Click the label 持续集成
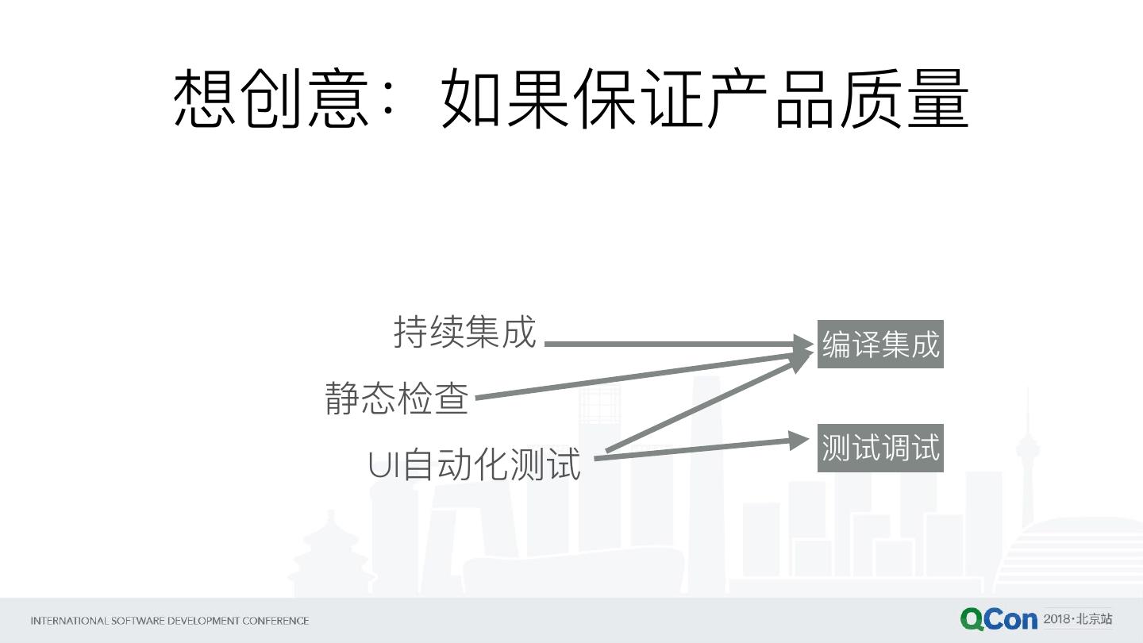(465, 332)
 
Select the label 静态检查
(397, 399)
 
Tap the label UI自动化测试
(475, 465)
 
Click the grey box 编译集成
(880, 345)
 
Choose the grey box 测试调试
(880, 449)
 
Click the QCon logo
(998, 619)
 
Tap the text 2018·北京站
(1078, 619)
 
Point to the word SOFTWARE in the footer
(137, 621)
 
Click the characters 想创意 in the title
(271, 98)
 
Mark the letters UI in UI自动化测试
(384, 465)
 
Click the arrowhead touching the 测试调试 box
(800, 440)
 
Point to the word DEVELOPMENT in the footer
(202, 621)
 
